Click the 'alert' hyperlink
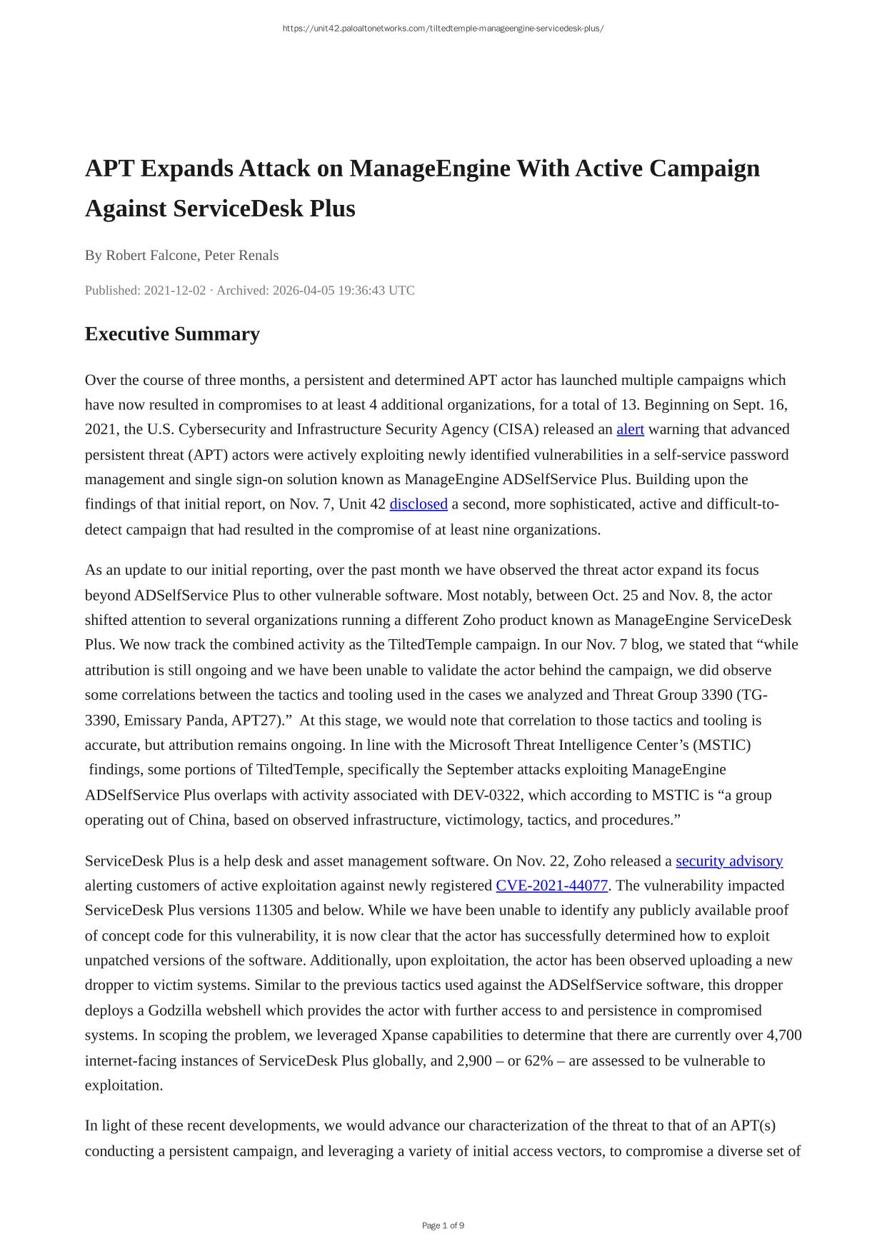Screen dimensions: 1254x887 coord(630,429)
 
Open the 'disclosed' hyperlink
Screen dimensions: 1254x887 coord(419,504)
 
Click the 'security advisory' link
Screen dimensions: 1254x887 coord(729,861)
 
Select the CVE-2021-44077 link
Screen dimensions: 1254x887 coord(552,886)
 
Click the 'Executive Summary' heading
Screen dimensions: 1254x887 coord(172,334)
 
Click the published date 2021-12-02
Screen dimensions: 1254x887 coord(175,290)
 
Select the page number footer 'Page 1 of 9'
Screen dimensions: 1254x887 coord(443,1225)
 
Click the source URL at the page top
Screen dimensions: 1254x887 coord(443,29)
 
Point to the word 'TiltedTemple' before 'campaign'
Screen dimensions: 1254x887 coord(430,644)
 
